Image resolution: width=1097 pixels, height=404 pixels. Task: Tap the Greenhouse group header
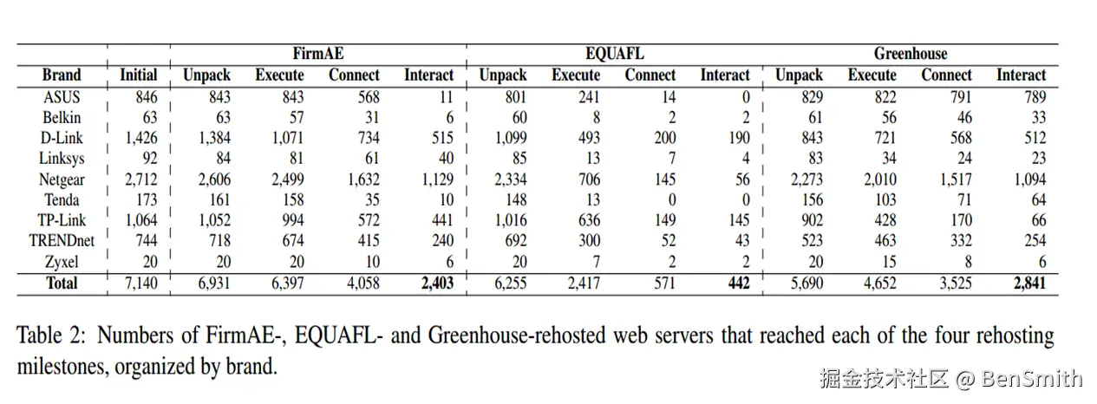(x=911, y=54)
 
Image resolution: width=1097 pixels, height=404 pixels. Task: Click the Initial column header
(x=139, y=75)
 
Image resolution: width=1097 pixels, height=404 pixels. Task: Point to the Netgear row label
(x=62, y=179)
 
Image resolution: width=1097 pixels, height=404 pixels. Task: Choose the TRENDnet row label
(x=62, y=240)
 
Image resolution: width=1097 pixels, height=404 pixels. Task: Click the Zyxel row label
(x=62, y=261)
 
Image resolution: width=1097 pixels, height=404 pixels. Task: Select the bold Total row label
(x=62, y=283)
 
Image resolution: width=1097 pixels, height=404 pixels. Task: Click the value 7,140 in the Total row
(x=139, y=283)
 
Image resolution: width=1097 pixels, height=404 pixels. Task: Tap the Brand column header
(x=62, y=75)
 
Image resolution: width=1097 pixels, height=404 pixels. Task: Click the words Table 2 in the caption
(x=51, y=336)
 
